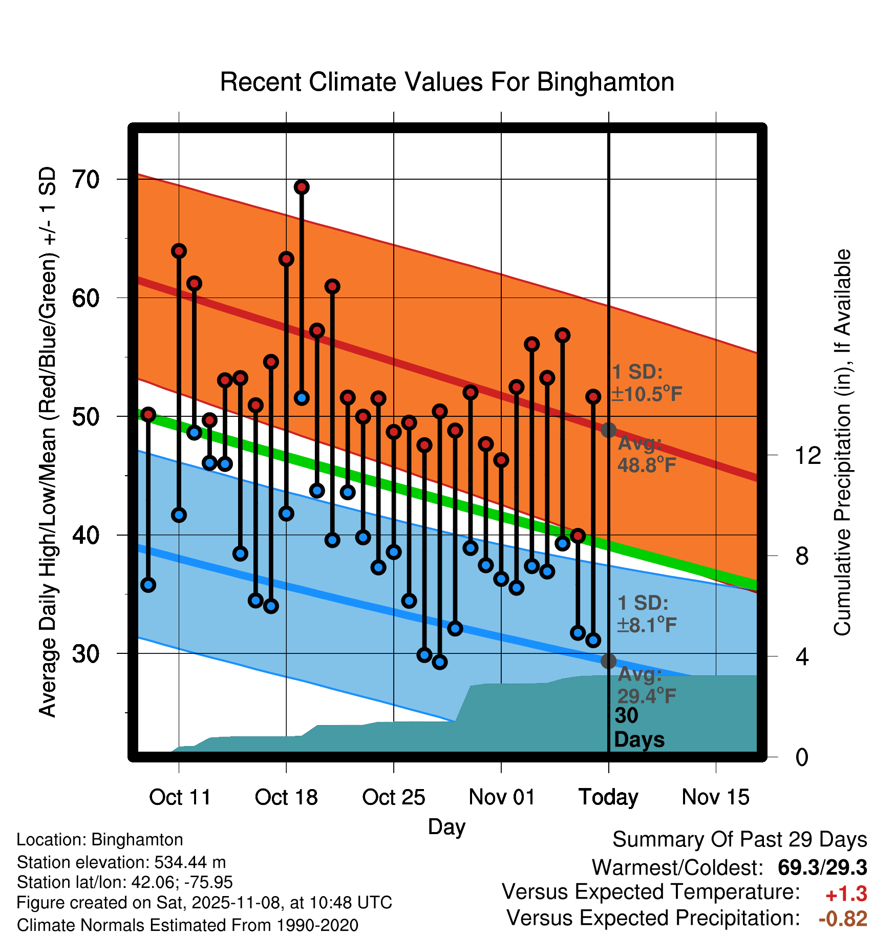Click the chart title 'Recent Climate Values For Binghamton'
click(447, 82)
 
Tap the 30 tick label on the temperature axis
click(86, 654)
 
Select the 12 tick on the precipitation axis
click(808, 455)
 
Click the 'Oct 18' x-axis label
click(286, 797)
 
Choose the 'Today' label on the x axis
click(608, 797)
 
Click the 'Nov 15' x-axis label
click(715, 797)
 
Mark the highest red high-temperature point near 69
click(302, 187)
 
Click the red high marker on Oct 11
click(179, 251)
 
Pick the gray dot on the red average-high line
click(608, 430)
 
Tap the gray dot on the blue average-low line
click(608, 661)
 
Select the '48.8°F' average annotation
click(647, 465)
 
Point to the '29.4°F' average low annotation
click(647, 696)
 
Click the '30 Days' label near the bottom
click(638, 728)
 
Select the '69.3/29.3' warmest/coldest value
click(822, 868)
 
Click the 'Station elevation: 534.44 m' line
click(121, 862)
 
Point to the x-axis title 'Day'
click(446, 827)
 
